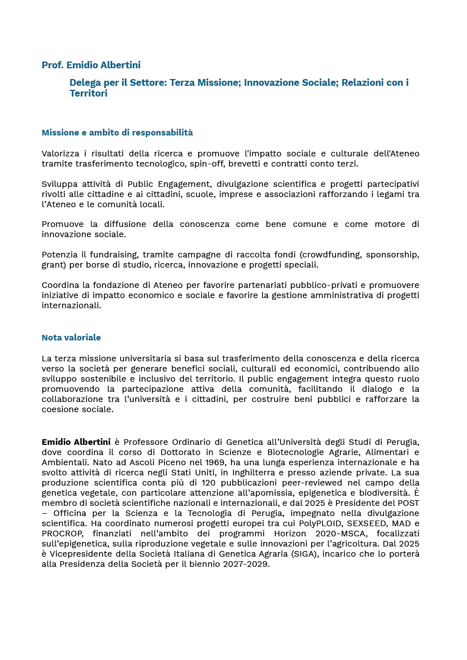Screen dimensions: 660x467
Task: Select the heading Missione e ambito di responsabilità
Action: (117, 133)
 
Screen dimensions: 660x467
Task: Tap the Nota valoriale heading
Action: (71, 338)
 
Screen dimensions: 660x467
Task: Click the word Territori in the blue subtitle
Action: (88, 94)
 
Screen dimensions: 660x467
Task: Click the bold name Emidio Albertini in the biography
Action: (76, 442)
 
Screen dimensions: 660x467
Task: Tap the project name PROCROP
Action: (63, 533)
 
